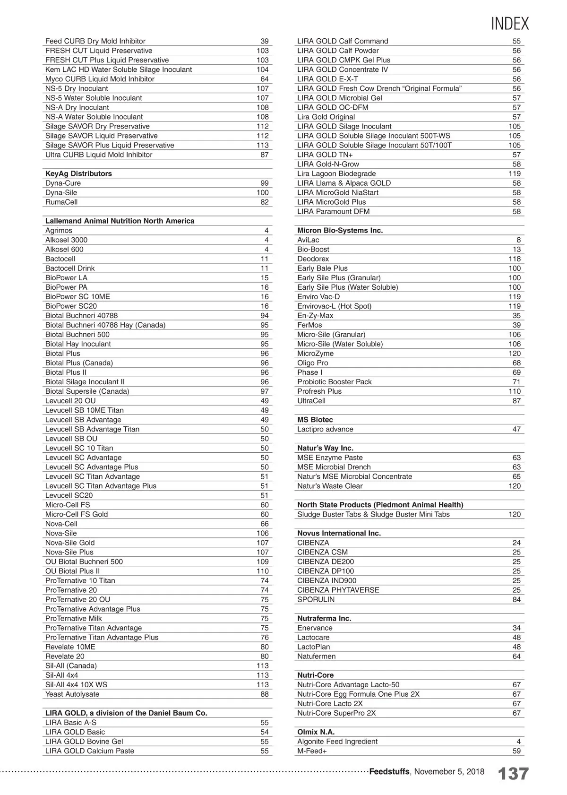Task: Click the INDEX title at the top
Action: pyautogui.click(x=510, y=23)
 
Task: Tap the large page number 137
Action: pyautogui.click(x=513, y=774)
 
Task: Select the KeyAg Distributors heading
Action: pyautogui.click(x=78, y=173)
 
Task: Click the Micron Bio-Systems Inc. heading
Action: pyautogui.click(x=340, y=230)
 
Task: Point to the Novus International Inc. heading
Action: pyautogui.click(x=339, y=533)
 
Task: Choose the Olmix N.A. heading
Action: pyautogui.click(x=316, y=732)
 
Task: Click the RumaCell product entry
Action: pyautogui.click(x=61, y=202)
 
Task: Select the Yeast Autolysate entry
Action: pyautogui.click(x=72, y=694)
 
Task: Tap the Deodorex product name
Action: pyautogui.click(x=313, y=259)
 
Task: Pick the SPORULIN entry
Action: pyautogui.click(x=316, y=599)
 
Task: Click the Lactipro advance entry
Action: pyautogui.click(x=325, y=429)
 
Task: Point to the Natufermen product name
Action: pyautogui.click(x=316, y=656)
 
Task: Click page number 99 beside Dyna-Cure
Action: pyautogui.click(x=264, y=183)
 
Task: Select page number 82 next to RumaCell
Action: pyautogui.click(x=264, y=202)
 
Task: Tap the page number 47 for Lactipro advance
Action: pyautogui.click(x=516, y=429)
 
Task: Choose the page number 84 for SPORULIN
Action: pyautogui.click(x=516, y=599)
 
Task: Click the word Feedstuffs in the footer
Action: pyautogui.click(x=389, y=771)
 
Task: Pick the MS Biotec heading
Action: pyautogui.click(x=315, y=420)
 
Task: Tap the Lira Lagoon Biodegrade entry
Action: pyautogui.click(x=336, y=173)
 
